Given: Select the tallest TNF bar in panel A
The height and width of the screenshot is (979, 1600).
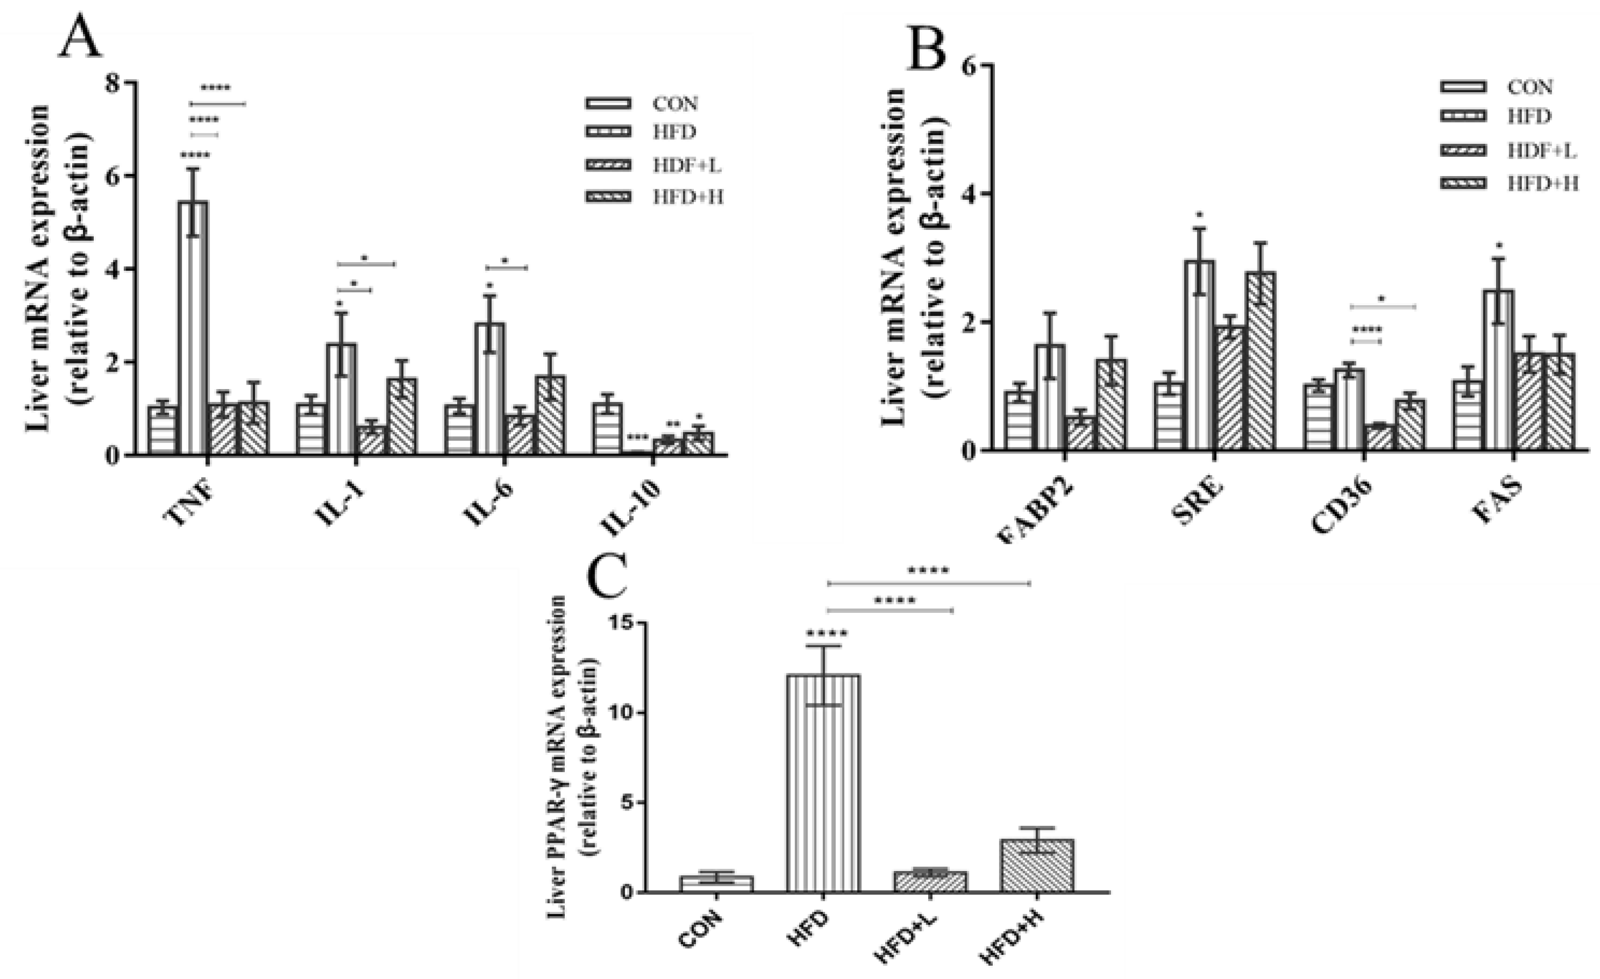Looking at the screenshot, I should click(x=194, y=328).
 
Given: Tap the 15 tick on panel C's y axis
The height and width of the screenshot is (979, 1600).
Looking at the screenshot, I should click(x=622, y=623).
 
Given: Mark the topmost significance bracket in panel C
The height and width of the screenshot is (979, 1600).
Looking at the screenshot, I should click(x=929, y=583).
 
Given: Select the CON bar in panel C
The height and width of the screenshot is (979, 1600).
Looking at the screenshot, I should click(x=716, y=884).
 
